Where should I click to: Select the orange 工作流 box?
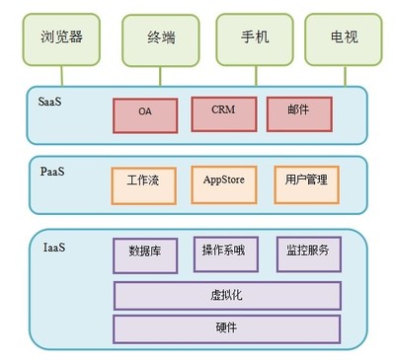coord(145,183)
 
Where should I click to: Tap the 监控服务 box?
coord(308,253)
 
